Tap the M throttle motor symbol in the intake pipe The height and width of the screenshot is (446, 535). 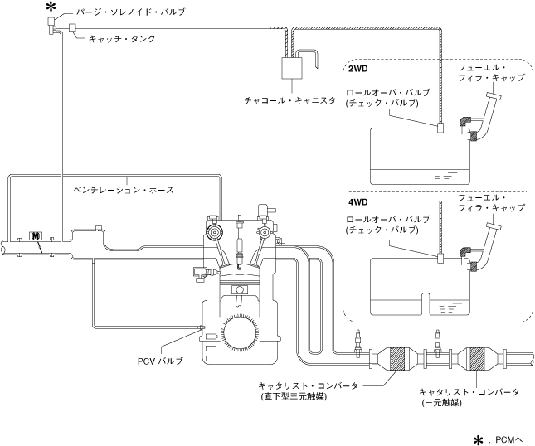[36, 236]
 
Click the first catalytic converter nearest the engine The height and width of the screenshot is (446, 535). [396, 358]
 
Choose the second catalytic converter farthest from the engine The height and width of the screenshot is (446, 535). [479, 360]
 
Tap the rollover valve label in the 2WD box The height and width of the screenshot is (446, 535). [388, 98]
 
